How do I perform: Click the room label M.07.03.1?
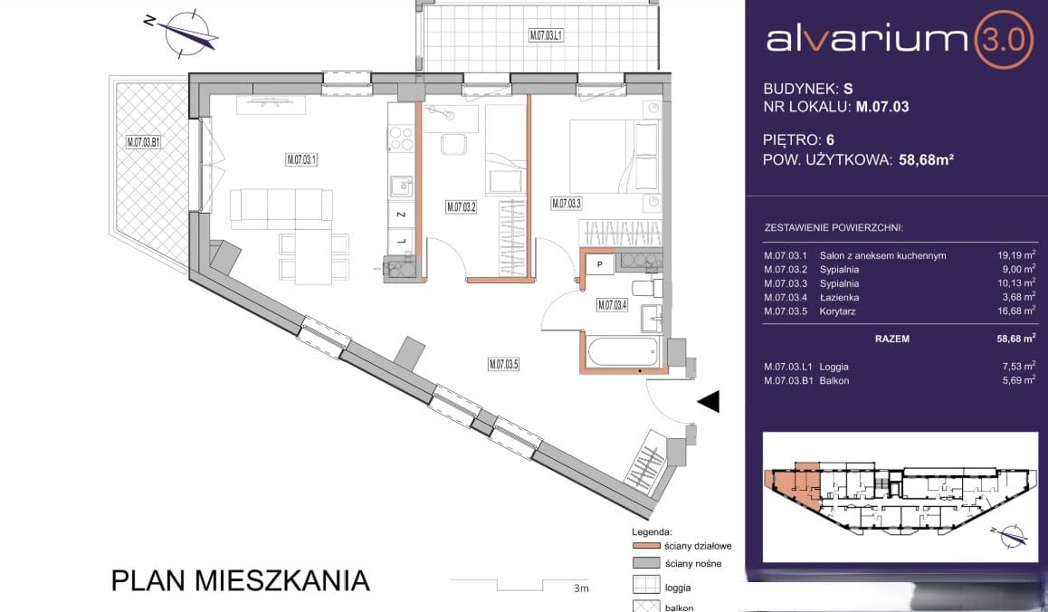(301, 160)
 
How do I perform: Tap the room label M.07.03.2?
(461, 207)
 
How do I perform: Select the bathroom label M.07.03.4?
(612, 306)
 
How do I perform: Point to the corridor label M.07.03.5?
(503, 365)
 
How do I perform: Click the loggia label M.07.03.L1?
(546, 36)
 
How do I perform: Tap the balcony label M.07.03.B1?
(143, 142)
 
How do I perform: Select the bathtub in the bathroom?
(623, 352)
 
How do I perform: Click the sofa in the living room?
(281, 205)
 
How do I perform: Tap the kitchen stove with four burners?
(401, 138)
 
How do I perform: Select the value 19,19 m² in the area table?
(1016, 254)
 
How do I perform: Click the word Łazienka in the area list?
(839, 297)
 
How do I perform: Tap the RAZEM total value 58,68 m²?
(1016, 339)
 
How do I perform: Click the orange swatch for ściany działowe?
(644, 546)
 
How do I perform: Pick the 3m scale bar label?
(581, 588)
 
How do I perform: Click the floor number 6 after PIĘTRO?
(830, 139)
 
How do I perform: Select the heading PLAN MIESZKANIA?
(241, 580)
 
